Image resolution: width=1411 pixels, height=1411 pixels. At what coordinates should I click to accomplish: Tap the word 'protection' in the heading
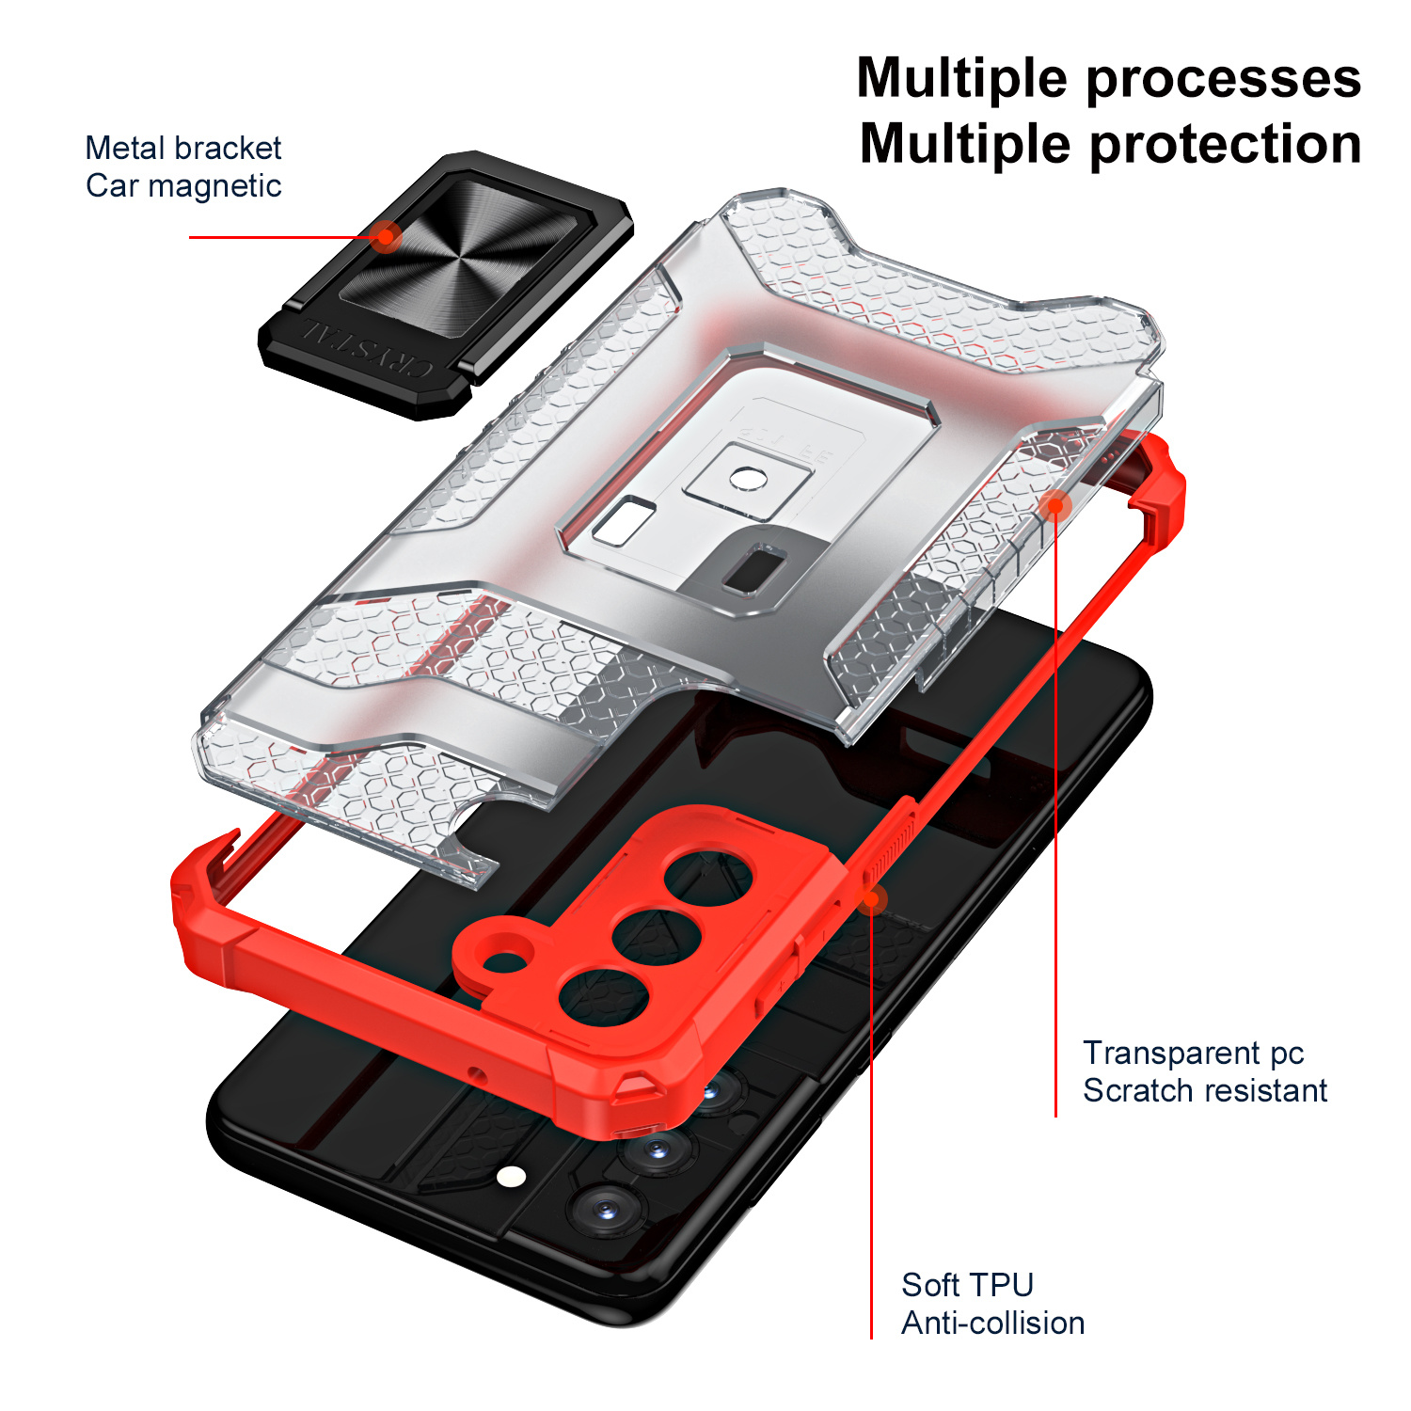pos(1225,146)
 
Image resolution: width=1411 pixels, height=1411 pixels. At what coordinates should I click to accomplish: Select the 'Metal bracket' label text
pos(183,148)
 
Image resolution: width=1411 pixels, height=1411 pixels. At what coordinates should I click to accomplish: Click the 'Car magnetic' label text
pos(183,186)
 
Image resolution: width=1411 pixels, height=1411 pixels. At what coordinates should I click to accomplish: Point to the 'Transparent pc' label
pos(1193,1053)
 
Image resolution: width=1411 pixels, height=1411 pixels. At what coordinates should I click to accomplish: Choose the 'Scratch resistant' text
pos(1204,1090)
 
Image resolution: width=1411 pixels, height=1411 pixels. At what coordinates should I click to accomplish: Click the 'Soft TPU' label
pos(967,1285)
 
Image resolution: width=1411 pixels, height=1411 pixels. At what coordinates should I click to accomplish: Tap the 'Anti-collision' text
pos(992,1324)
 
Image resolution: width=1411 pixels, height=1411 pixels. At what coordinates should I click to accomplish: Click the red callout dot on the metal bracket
pos(385,236)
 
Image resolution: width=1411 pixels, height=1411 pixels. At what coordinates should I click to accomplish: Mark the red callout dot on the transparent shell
pos(1055,505)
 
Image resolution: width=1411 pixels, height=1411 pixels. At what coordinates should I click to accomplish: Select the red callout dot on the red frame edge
pos(872,899)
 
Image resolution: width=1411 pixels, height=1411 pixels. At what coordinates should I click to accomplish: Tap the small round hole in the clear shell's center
pos(748,479)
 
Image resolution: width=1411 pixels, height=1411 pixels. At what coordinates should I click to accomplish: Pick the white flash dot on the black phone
pos(511,1177)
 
